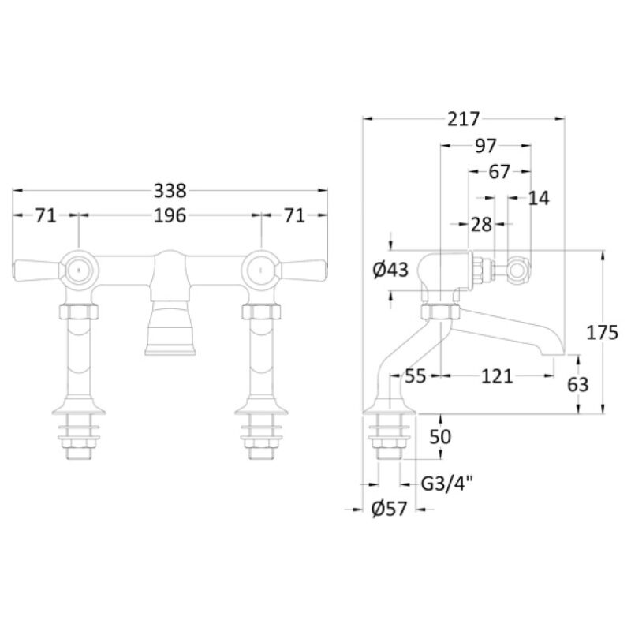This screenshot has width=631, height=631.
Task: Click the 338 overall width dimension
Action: pos(170,191)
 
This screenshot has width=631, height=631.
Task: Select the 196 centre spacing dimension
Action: pos(170,215)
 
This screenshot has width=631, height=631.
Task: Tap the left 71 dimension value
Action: pos(46,215)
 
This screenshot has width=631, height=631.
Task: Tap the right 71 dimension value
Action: pos(294,215)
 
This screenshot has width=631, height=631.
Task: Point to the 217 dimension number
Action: pos(464,119)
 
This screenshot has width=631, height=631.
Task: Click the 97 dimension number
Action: pos(486,146)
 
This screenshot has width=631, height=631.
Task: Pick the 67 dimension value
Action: pos(499,172)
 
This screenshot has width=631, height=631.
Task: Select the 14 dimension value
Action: pos(539,198)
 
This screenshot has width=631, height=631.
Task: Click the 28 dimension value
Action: pos(481,225)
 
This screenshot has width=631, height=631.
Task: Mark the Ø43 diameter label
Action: pos(390,270)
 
